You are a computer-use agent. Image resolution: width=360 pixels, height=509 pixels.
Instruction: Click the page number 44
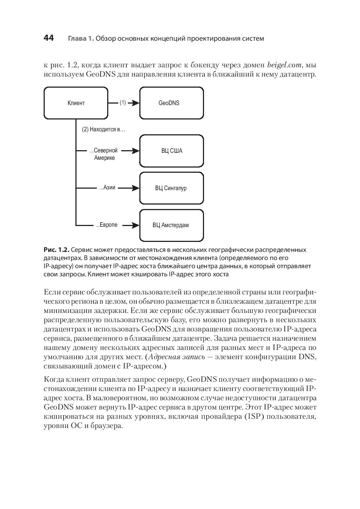tap(48, 38)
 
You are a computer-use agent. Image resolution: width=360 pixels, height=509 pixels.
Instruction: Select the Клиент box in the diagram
tap(76, 103)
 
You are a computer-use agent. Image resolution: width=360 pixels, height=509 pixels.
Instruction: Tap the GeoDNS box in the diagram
tap(171, 103)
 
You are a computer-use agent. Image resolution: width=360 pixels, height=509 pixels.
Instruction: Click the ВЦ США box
tap(171, 151)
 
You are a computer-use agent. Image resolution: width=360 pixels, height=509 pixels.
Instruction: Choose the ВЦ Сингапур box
tap(171, 188)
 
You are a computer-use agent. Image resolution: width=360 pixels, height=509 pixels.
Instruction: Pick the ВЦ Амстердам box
tap(171, 225)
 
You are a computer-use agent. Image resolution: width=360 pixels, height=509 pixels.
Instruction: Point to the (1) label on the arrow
tap(123, 103)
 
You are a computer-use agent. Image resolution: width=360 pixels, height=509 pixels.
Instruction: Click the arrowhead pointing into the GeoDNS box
tap(136, 103)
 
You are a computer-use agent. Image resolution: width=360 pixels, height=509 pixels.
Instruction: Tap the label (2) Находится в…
tap(103, 129)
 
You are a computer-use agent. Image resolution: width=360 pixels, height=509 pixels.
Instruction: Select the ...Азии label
tap(108, 188)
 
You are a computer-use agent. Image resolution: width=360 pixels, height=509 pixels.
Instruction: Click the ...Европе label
tap(107, 225)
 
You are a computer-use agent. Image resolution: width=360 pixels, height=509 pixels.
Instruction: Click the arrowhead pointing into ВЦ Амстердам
tap(136, 225)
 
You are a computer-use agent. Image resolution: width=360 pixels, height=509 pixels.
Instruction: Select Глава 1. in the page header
tap(81, 38)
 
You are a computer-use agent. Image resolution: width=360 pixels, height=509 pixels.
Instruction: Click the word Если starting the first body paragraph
tap(52, 292)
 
